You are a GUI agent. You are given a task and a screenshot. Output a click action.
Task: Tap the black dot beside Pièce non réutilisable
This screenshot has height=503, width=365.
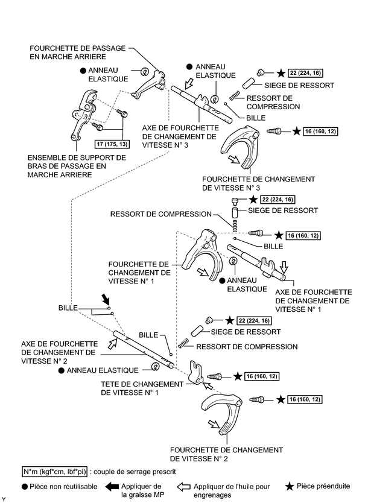(24, 486)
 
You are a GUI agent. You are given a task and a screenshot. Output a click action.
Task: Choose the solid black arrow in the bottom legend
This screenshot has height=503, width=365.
(107, 486)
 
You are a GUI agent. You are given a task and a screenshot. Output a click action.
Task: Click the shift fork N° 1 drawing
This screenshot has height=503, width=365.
(203, 256)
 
